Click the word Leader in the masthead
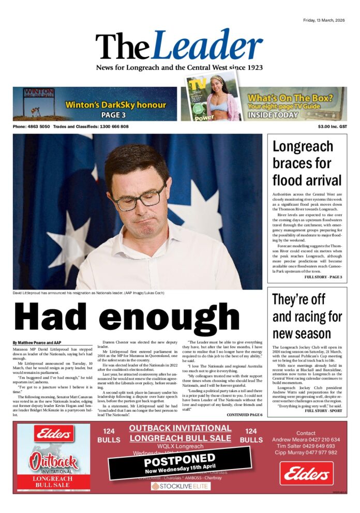click(207, 46)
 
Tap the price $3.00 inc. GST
click(333, 127)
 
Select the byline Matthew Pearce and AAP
click(37, 343)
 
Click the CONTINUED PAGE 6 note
click(244, 415)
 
